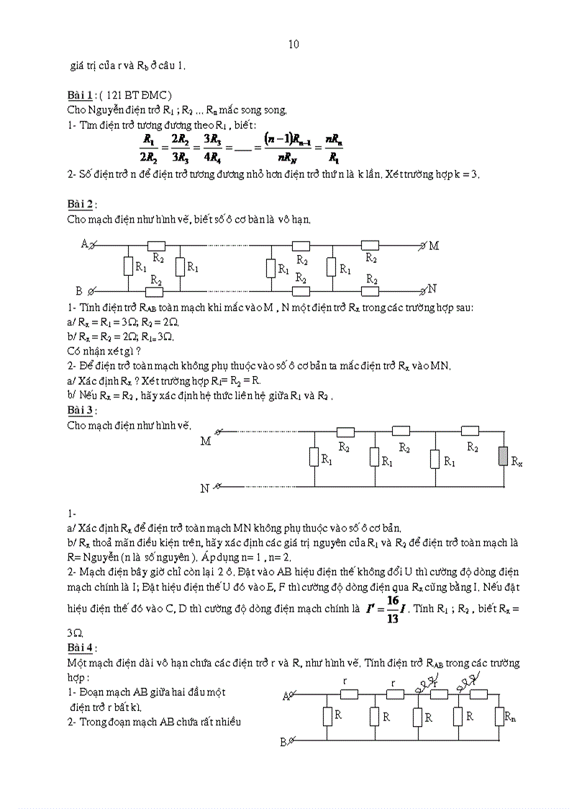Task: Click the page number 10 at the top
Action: coord(293,45)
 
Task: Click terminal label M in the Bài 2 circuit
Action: coord(434,246)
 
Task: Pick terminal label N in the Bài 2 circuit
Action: coord(432,289)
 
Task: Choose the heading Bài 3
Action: coord(81,410)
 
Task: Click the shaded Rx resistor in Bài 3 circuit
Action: coord(503,457)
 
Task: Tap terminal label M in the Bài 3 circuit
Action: coord(206,441)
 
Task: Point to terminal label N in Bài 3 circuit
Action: coord(205,488)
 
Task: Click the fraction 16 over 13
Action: coord(393,608)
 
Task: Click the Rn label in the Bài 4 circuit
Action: coord(510,717)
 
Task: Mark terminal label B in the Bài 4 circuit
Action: coord(283,741)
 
